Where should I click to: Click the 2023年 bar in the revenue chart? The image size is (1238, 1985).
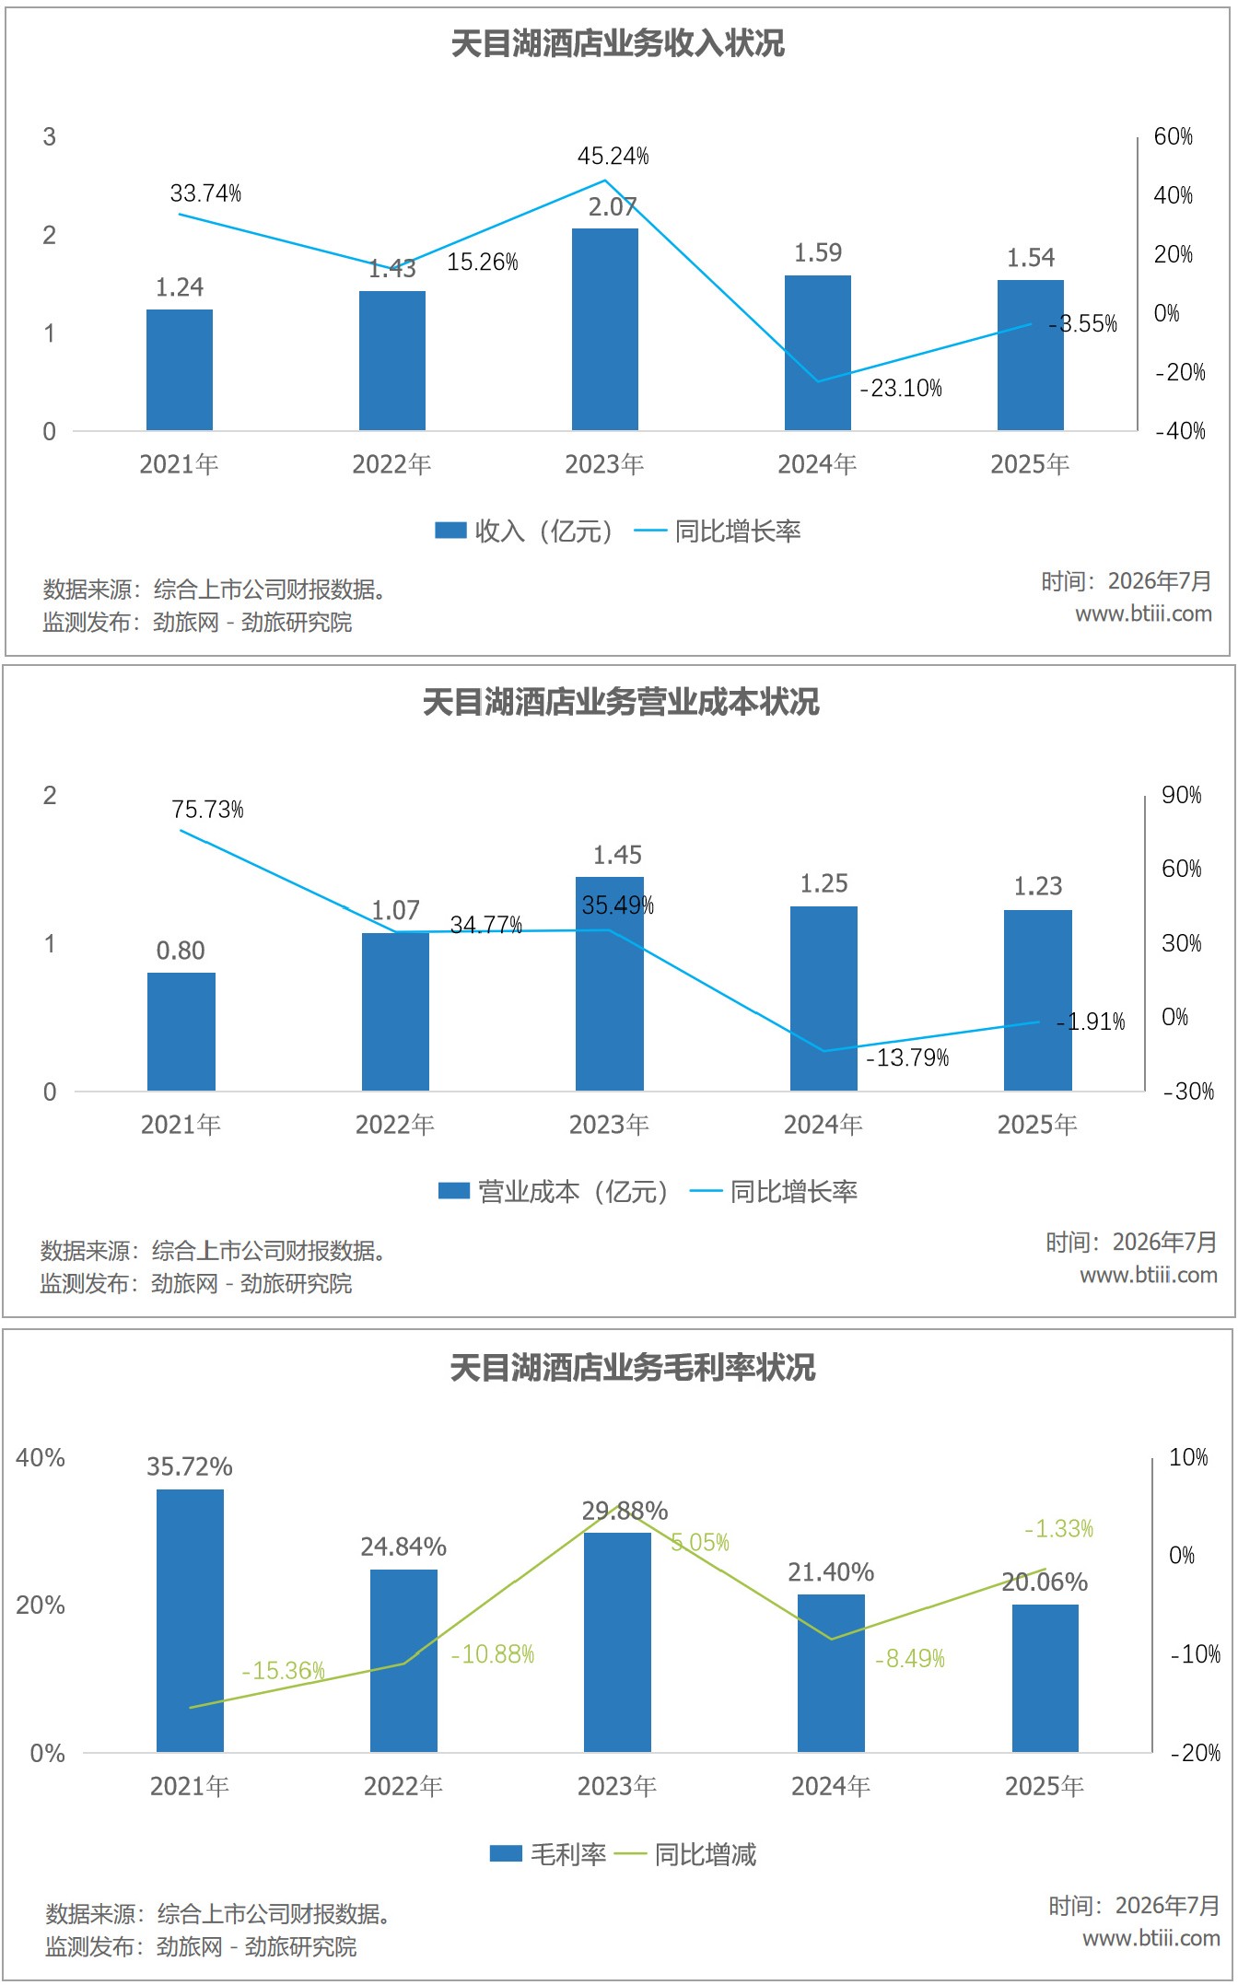point(604,329)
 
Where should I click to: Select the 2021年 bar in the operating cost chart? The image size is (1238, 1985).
point(181,1032)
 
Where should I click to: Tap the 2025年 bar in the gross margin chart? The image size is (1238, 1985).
point(1045,1678)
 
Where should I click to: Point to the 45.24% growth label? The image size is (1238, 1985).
point(613,157)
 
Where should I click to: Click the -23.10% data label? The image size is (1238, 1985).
point(901,389)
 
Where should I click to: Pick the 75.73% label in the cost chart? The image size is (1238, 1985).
point(208,810)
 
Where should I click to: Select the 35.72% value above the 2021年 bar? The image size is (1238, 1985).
point(190,1466)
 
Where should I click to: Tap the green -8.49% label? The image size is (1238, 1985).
point(910,1659)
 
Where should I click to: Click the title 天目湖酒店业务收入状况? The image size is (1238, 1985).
point(617,43)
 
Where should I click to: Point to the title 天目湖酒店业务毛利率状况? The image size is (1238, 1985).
point(633,1367)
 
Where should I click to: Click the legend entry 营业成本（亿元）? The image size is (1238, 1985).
point(554,1192)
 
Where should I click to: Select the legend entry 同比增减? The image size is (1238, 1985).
point(685,1853)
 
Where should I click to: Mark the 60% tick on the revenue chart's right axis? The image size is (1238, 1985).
point(1174,136)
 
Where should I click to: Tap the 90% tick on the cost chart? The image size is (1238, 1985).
point(1182,795)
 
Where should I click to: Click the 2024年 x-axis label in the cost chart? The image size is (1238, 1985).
point(823,1125)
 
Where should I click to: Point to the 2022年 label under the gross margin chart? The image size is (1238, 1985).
point(403,1786)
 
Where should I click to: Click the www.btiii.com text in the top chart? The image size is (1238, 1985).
point(1144,613)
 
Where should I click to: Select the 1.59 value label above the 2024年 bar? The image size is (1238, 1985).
point(818,252)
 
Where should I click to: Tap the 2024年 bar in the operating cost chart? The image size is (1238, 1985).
point(824,998)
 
